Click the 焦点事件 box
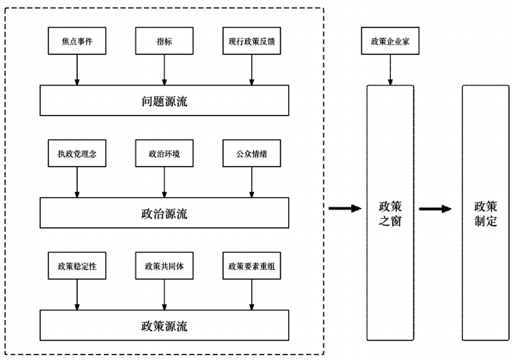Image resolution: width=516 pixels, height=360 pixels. (76, 41)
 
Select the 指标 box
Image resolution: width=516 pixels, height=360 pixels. (164, 41)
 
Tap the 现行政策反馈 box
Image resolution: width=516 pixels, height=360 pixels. (252, 41)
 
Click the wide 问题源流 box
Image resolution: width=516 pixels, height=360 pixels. (164, 101)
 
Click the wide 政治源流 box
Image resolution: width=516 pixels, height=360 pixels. (164, 213)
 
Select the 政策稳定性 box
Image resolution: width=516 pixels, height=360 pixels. (76, 266)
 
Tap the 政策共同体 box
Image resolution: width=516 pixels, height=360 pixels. (164, 266)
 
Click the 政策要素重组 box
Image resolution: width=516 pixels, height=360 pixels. (252, 266)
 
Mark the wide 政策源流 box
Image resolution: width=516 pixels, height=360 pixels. (164, 326)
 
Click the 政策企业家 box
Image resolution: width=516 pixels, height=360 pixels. (390, 41)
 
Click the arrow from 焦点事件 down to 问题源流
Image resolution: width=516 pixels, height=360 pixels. (76, 70)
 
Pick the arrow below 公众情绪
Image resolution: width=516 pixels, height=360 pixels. (252, 182)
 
